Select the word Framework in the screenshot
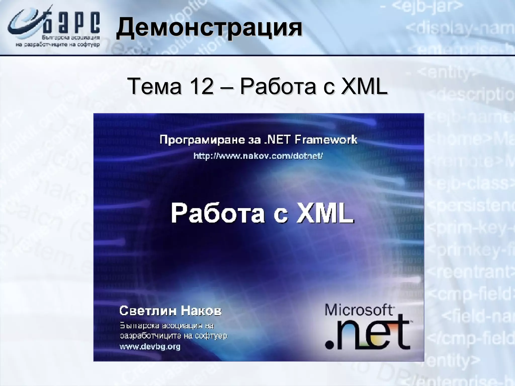pyautogui.click(x=326, y=140)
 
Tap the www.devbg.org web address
pyautogui.click(x=150, y=347)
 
